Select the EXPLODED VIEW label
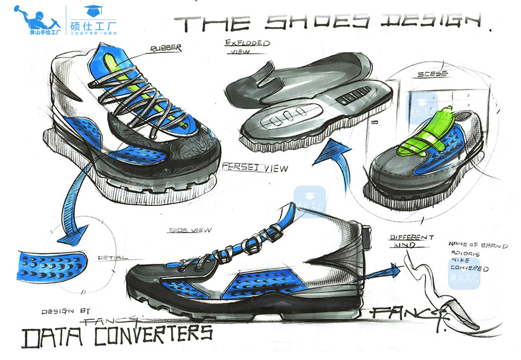[x=246, y=48]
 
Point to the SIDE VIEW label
[x=190, y=230]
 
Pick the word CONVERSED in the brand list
[x=469, y=269]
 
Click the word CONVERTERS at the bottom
[x=154, y=335]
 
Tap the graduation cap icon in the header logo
[x=91, y=9]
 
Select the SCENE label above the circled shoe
[x=432, y=73]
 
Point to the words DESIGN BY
[x=64, y=311]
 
